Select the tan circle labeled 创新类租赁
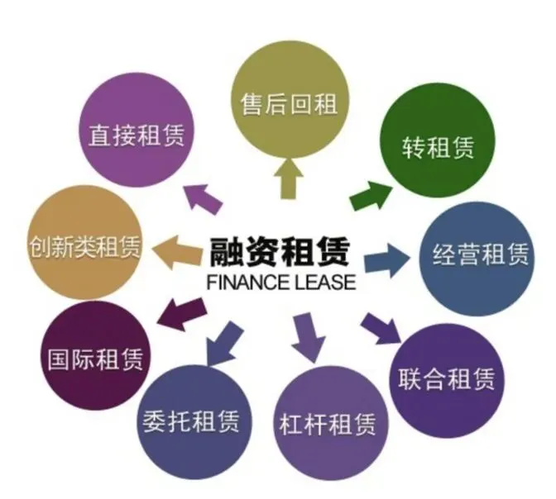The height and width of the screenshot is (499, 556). (x=83, y=245)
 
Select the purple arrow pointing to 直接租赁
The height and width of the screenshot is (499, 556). (x=202, y=195)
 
